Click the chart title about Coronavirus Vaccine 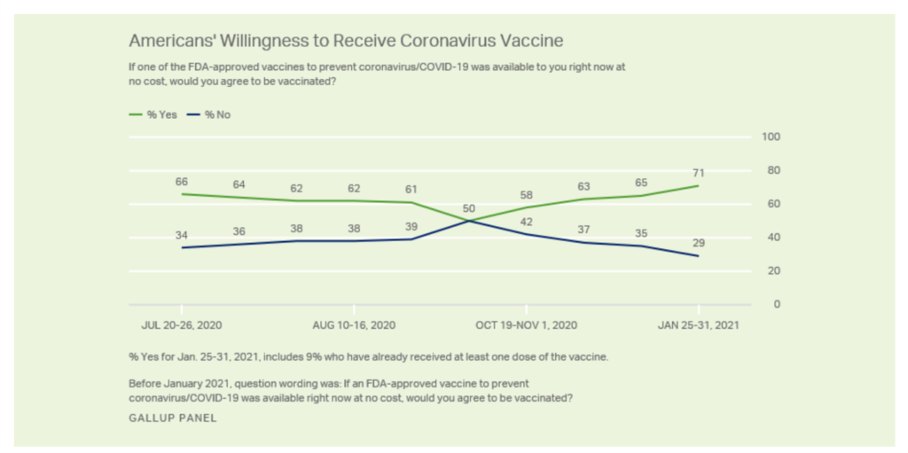click(x=347, y=41)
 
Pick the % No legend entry click(x=211, y=114)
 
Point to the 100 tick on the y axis click(x=771, y=137)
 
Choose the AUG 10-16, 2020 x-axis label click(x=354, y=324)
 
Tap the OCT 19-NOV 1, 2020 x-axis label click(x=526, y=324)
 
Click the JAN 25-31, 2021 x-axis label click(x=698, y=324)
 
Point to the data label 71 click(x=699, y=173)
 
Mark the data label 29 click(x=699, y=243)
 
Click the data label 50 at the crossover click(x=470, y=207)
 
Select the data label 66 click(x=182, y=181)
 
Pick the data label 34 click(x=182, y=235)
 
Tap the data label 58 click(x=526, y=194)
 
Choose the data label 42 click(x=526, y=222)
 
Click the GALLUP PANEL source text click(x=173, y=418)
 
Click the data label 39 click(x=411, y=226)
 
